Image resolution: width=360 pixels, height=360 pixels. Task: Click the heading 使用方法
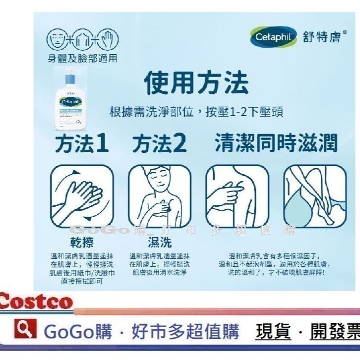[x=196, y=83]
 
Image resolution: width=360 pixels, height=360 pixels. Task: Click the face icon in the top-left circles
[x=55, y=40]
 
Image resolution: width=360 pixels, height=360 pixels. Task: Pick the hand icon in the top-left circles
[x=108, y=40]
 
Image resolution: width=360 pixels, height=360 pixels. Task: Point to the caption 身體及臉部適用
[x=81, y=58]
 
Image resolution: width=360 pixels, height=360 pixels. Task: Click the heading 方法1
[x=82, y=144]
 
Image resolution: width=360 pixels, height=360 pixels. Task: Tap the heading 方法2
[x=160, y=144]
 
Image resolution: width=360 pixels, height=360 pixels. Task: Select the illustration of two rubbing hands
[x=82, y=195]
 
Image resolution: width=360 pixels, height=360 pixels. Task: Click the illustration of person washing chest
[x=159, y=195]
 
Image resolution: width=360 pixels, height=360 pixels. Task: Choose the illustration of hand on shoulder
[x=237, y=195]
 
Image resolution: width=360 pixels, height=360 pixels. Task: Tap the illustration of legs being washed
[x=315, y=195]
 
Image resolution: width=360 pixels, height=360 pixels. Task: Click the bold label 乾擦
[x=82, y=242]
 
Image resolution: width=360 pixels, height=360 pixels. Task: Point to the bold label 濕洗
[x=160, y=242]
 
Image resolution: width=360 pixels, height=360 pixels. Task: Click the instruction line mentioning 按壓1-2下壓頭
[x=196, y=111]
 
